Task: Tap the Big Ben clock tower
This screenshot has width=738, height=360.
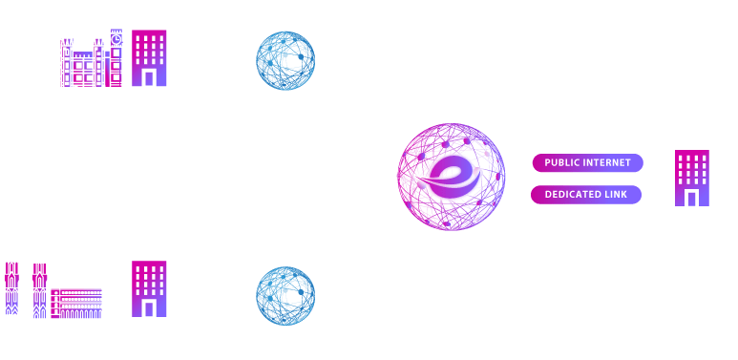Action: pos(116,43)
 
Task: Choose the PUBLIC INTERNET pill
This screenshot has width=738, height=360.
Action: pos(587,162)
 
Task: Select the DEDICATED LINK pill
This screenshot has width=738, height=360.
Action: pos(587,195)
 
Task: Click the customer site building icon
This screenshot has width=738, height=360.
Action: pos(691,179)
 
